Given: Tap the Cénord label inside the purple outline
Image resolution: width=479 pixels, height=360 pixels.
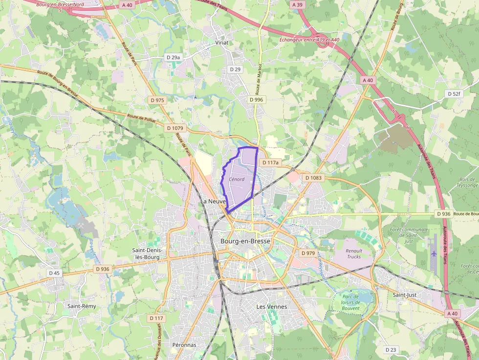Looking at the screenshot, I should (x=236, y=179).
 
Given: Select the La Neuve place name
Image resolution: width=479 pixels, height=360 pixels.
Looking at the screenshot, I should (x=213, y=201).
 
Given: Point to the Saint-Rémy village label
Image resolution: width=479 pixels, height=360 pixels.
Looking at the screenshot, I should (x=82, y=306).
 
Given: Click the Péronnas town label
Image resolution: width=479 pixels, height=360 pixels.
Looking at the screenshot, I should (x=184, y=345).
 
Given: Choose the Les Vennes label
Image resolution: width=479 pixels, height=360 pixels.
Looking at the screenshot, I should (x=272, y=307).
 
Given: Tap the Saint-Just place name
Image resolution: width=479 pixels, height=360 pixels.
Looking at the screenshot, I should (x=405, y=295).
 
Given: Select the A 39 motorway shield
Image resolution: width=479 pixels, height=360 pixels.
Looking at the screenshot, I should (x=297, y=4).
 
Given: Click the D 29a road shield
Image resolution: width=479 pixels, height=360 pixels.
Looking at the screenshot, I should (x=174, y=58).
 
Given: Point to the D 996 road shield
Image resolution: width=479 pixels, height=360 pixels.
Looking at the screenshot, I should (x=256, y=100).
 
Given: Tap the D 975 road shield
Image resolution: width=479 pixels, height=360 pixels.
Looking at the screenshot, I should (x=157, y=100).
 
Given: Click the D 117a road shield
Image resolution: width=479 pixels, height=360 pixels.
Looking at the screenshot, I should (x=270, y=163).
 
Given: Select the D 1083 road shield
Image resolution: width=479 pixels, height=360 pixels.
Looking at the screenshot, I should (x=313, y=178).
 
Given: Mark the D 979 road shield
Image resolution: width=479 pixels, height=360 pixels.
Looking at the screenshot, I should (x=308, y=253).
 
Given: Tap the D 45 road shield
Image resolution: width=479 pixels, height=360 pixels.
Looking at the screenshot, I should (x=54, y=273).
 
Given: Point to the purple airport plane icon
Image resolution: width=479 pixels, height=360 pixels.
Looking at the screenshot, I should (x=434, y=254).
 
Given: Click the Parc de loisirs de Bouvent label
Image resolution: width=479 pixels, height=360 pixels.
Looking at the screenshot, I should (x=351, y=302).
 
